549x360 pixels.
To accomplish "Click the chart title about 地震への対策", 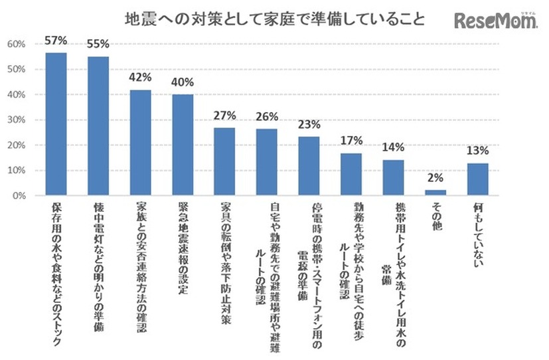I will (x=275, y=18).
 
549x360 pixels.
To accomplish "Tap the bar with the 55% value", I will (x=98, y=126).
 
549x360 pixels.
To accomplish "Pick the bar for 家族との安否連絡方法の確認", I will (x=140, y=143).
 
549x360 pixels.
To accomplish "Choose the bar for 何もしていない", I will (x=477, y=179).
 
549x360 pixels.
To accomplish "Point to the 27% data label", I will (x=224, y=114).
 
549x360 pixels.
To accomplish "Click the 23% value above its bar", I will (x=309, y=124).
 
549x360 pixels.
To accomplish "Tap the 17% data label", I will (x=352, y=140).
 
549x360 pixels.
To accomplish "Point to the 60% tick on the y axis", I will (x=16, y=45).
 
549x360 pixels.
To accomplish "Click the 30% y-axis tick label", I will (x=16, y=120).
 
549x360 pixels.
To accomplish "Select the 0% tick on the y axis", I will (x=19, y=196).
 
